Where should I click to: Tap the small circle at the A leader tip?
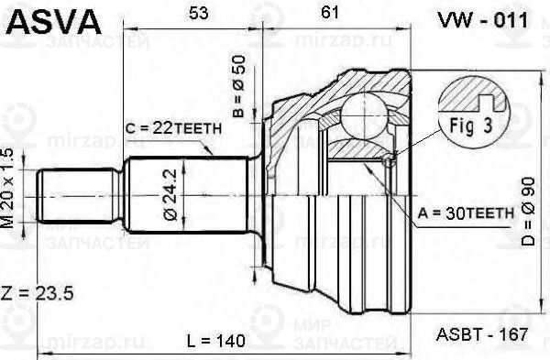point(389,163)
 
